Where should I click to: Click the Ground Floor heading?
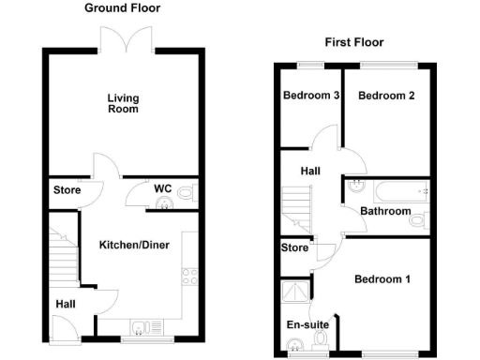pos(122,8)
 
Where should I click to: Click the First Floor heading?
pos(354,42)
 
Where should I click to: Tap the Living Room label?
pos(122,103)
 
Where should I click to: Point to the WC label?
pos(163,188)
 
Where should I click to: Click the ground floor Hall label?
pos(66,303)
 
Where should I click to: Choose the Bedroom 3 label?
pos(310,96)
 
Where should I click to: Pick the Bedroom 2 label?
pos(386,96)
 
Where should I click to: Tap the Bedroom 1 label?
pos(382,279)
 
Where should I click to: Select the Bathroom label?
pos(386,212)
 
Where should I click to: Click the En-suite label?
pos(307,325)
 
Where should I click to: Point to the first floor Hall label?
pos(310,172)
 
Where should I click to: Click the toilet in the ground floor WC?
pos(185,193)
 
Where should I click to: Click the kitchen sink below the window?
pos(141,327)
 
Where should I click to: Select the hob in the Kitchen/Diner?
pos(187,276)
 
